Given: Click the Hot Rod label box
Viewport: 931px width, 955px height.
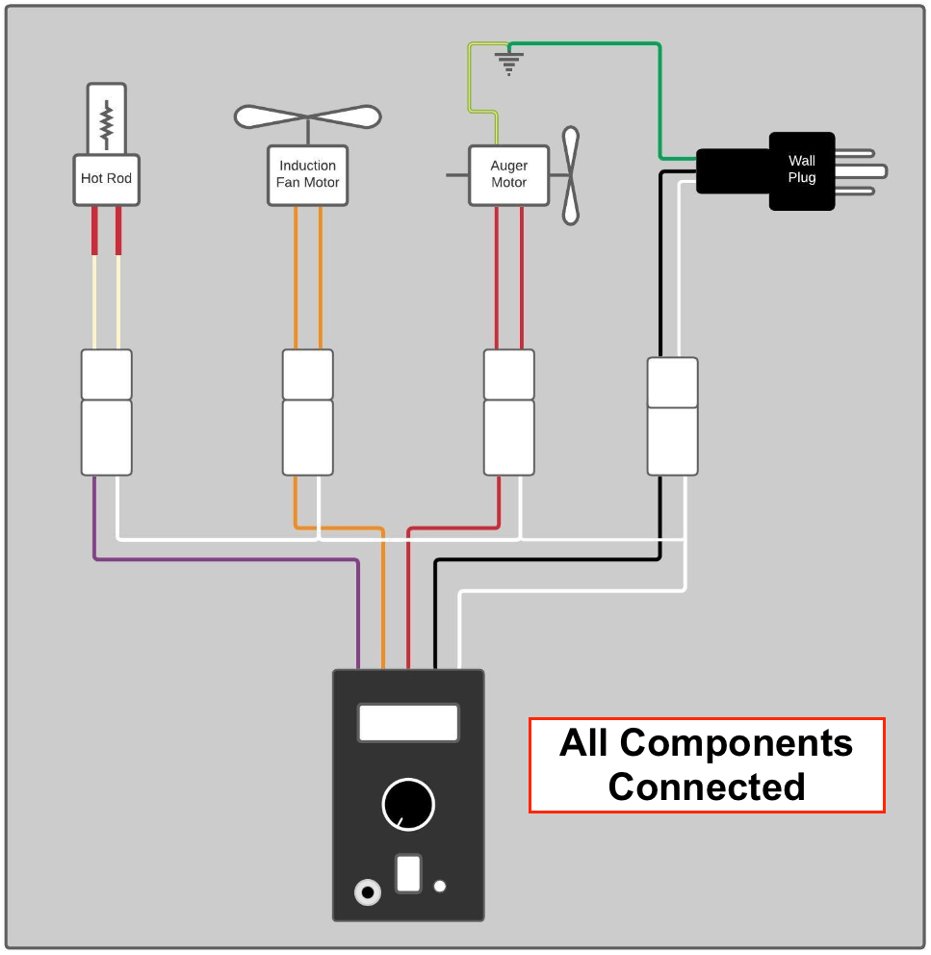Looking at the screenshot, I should click(x=106, y=179).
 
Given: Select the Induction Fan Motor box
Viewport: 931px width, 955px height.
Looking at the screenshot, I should click(x=307, y=174).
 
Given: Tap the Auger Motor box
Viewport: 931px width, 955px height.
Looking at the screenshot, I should click(x=508, y=174).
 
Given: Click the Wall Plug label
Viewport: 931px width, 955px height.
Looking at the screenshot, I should click(x=801, y=169).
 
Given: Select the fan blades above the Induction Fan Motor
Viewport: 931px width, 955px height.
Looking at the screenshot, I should click(x=307, y=116).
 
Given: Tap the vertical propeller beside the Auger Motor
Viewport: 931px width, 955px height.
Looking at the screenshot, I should click(x=571, y=175).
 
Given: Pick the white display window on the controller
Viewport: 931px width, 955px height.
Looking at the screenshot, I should click(x=408, y=722).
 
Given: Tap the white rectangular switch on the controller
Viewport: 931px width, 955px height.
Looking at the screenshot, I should click(x=408, y=873).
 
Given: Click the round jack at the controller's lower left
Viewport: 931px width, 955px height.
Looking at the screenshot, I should click(x=367, y=891).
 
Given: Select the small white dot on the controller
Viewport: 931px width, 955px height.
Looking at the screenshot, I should click(x=440, y=886).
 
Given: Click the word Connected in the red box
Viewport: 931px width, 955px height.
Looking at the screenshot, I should click(x=706, y=787).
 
